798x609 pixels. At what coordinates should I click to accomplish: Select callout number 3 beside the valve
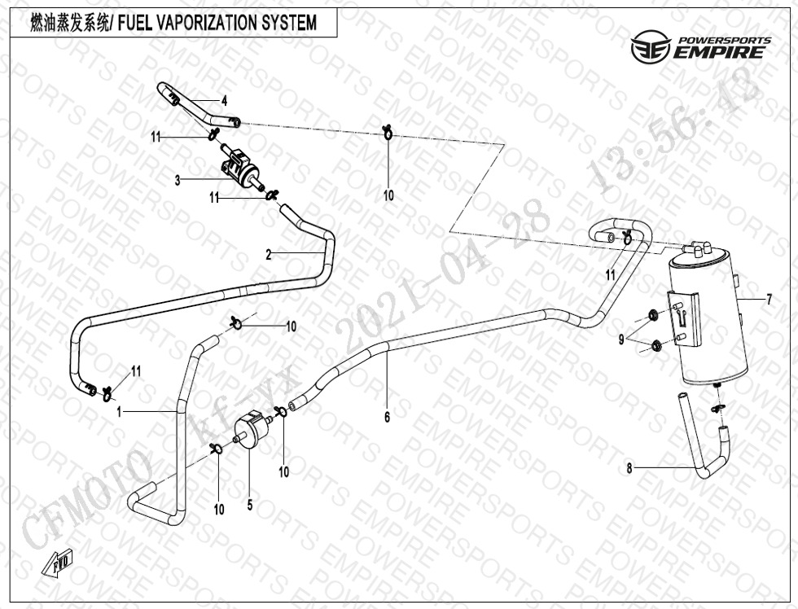pyautogui.click(x=178, y=181)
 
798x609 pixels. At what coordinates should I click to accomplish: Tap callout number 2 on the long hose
pyautogui.click(x=268, y=255)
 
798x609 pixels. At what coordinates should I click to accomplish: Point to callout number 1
pyautogui.click(x=119, y=413)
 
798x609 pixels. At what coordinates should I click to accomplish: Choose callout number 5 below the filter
pyautogui.click(x=250, y=505)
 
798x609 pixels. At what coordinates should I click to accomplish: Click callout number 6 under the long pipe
pyautogui.click(x=388, y=418)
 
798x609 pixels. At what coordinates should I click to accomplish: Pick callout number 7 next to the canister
pyautogui.click(x=768, y=300)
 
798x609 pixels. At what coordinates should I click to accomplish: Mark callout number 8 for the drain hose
pyautogui.click(x=629, y=468)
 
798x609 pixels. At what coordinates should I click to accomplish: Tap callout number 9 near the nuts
pyautogui.click(x=621, y=340)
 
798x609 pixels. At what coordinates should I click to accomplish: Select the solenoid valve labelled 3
pyautogui.click(x=238, y=165)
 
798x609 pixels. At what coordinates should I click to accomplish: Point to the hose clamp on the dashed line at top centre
pyautogui.click(x=388, y=131)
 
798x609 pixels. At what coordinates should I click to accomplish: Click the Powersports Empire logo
pyautogui.click(x=701, y=49)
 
